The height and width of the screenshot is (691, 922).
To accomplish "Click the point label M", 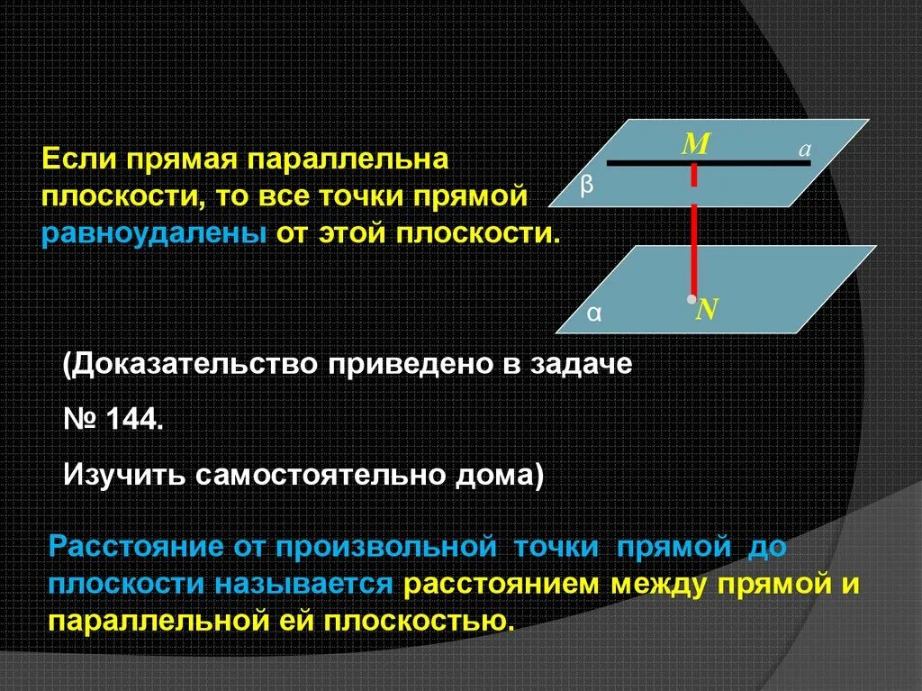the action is point(694,144).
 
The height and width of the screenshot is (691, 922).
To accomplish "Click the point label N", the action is point(707,310).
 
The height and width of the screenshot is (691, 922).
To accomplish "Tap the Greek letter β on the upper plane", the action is point(587,185).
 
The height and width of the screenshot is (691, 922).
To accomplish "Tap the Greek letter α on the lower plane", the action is point(594,314).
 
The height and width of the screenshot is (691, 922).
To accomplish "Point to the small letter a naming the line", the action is point(806,151).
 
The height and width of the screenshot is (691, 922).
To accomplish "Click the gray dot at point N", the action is point(691,298).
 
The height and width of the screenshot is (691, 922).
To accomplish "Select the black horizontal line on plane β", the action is point(648,163).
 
